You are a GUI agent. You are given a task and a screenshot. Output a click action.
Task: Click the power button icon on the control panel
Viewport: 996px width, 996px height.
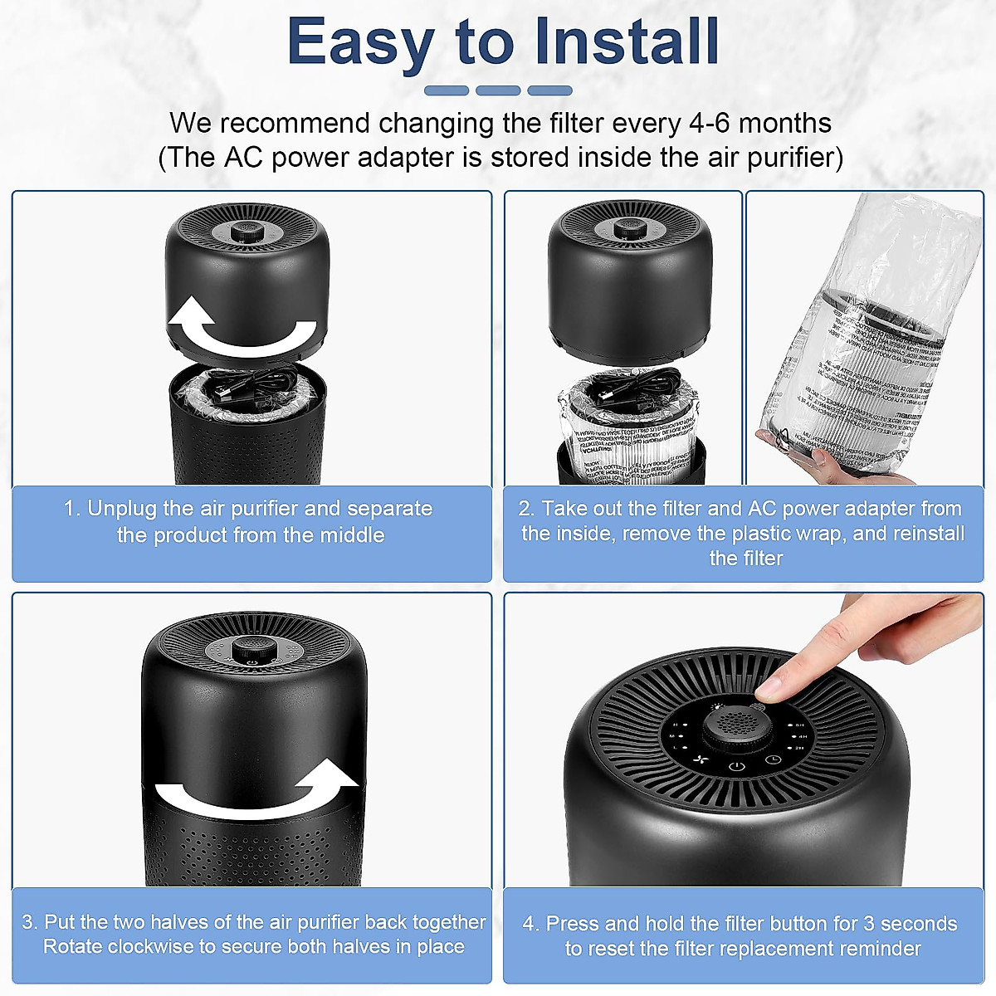click(736, 766)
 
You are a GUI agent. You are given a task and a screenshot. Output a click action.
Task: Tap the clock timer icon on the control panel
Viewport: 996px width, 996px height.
click(773, 759)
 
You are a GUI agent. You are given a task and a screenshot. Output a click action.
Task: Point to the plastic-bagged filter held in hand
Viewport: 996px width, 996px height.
click(880, 357)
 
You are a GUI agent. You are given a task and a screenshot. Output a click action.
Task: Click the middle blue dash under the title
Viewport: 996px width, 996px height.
click(498, 90)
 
